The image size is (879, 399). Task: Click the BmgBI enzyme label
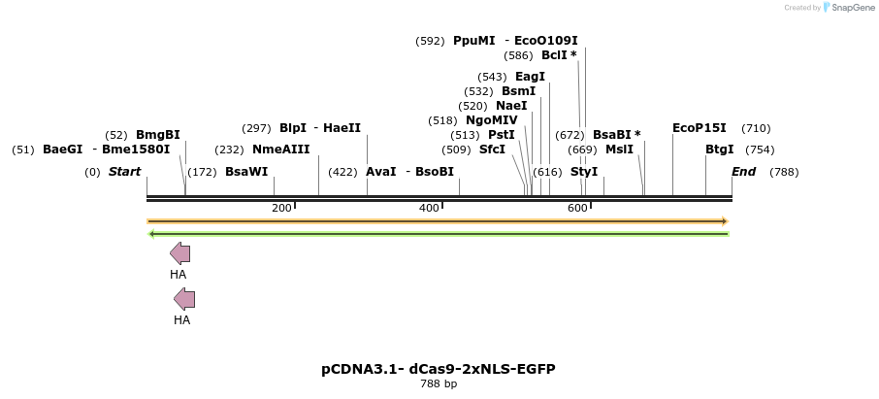[x=157, y=135]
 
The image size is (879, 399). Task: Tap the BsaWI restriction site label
[x=246, y=172]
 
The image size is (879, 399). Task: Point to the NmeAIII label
[x=280, y=150]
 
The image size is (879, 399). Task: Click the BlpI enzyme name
[x=293, y=128]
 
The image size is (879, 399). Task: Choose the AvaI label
[x=380, y=172]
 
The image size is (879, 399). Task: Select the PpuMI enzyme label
[x=474, y=41]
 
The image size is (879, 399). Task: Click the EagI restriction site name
[x=530, y=77]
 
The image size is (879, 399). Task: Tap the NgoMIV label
[x=492, y=120]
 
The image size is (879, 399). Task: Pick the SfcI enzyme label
[x=492, y=150]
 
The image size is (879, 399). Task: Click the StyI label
[x=584, y=172]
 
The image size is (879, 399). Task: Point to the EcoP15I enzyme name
[x=699, y=128]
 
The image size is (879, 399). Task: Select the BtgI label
[x=720, y=150]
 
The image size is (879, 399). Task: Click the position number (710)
[x=756, y=128]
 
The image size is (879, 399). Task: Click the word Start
[x=124, y=172]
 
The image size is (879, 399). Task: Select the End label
[x=743, y=172]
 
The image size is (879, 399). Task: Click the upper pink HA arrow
[x=179, y=254]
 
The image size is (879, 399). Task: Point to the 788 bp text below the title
[x=439, y=384]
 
